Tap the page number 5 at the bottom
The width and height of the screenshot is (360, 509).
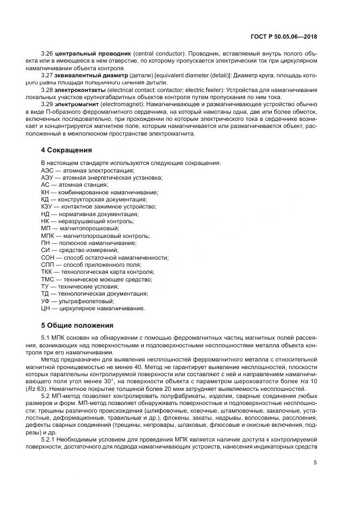tap(315, 463)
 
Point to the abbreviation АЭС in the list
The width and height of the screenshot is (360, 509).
tap(48, 170)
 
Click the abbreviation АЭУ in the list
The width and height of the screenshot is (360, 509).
tap(48, 177)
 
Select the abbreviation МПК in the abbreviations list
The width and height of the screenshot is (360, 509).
tap(49, 235)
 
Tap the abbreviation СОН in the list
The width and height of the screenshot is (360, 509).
tap(48, 257)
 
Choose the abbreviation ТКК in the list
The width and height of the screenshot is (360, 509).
tap(48, 272)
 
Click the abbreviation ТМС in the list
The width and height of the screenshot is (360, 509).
tap(48, 279)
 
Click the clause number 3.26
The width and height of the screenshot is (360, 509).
tap(47, 54)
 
